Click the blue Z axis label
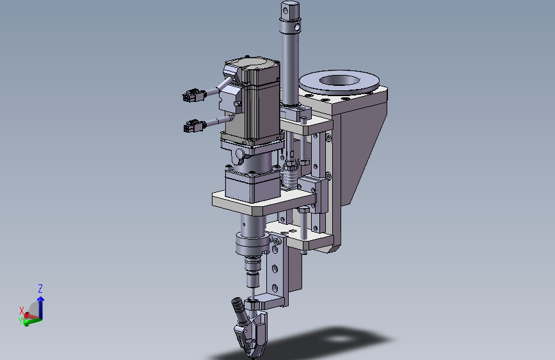40,288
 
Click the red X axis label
22,311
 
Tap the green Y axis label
20,321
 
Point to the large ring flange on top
339,82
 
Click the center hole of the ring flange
339,81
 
